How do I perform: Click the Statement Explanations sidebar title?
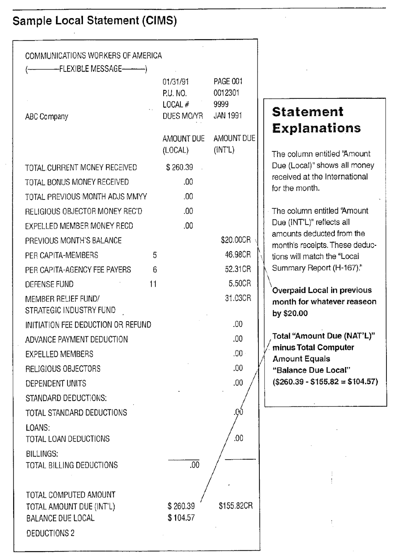[x=316, y=120]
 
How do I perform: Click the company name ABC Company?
[x=46, y=117]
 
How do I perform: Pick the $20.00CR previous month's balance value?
[x=236, y=240]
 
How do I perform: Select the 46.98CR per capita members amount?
[x=238, y=255]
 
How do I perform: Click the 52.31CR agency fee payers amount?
[x=238, y=270]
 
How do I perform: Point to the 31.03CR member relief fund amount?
[x=238, y=298]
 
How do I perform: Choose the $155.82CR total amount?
[x=236, y=506]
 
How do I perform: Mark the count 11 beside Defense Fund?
[x=154, y=284]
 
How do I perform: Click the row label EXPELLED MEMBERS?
[x=59, y=354]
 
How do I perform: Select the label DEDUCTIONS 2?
[x=50, y=533]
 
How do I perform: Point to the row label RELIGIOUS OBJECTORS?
[x=63, y=368]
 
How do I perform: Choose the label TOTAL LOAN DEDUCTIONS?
[x=67, y=439]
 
